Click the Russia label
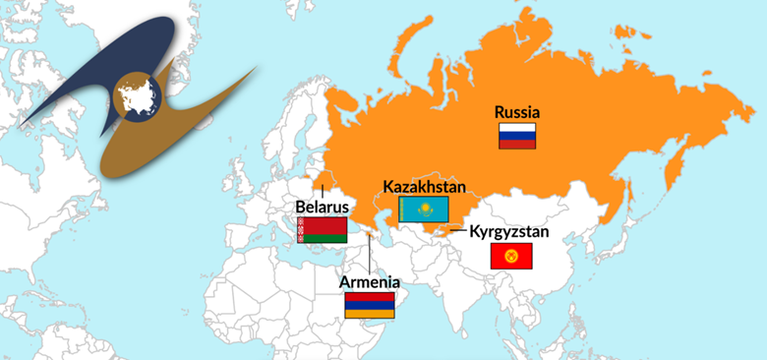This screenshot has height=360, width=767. coord(517,112)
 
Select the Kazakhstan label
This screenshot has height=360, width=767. coord(424,186)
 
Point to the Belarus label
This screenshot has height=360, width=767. coord(322,208)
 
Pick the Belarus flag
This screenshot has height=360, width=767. coord(322,230)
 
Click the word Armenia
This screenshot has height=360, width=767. coord(370,282)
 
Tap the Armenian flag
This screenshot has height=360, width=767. coord(370,305)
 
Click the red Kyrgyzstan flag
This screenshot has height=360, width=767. coord(510,257)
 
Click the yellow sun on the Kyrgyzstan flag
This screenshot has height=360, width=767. coord(510,257)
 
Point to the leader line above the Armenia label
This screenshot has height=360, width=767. coord(370,254)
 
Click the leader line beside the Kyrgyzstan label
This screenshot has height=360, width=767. coord(457,233)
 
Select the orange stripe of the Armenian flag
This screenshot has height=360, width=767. coord(370,313)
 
